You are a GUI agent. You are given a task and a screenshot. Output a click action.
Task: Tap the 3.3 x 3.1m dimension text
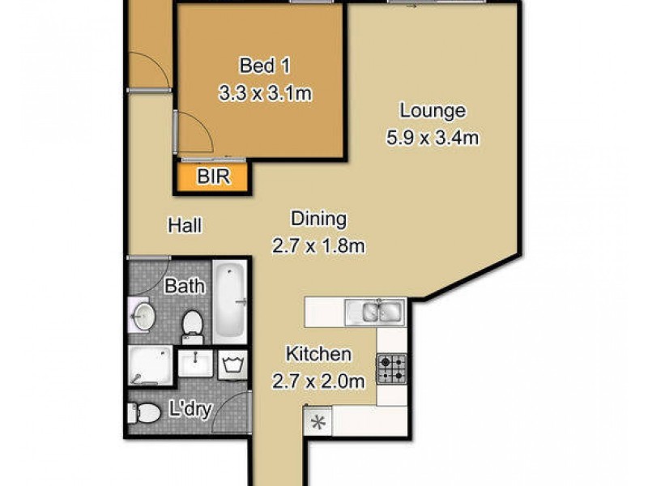[265, 93]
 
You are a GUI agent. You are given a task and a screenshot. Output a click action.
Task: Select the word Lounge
[432, 110]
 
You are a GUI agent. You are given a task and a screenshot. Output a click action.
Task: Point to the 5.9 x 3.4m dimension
[432, 138]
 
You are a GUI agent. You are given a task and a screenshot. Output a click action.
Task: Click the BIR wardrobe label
[213, 177]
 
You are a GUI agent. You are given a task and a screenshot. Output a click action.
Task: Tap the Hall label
[185, 225]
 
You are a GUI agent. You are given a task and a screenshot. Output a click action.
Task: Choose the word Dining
[318, 219]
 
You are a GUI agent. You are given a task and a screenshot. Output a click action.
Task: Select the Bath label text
[185, 286]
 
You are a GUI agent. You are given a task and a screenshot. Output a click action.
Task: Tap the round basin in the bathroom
[143, 313]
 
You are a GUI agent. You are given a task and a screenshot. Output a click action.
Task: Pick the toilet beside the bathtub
[192, 324]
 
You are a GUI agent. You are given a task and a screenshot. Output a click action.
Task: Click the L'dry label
[192, 410]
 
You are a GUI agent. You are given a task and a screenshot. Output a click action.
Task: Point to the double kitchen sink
[373, 311]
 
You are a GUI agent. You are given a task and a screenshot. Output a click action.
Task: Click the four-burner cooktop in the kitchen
[391, 369]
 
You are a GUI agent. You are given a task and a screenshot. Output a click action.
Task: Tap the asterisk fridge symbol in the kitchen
[318, 421]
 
